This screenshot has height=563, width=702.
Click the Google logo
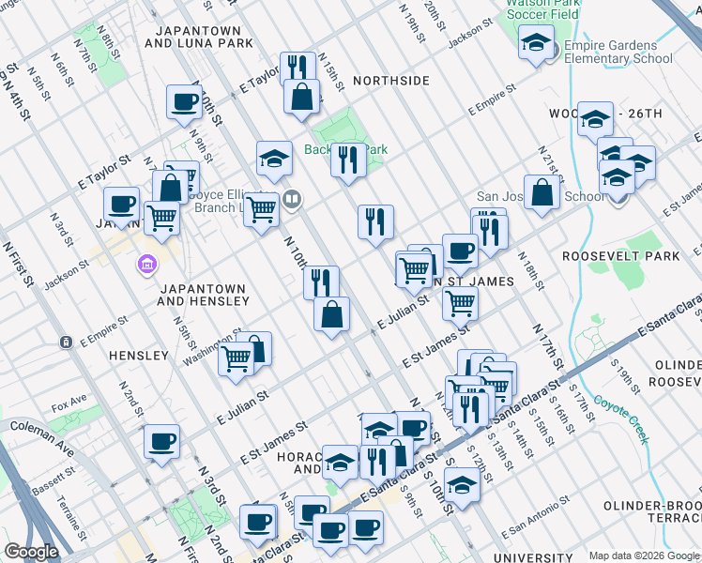31,552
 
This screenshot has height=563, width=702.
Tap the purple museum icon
146,266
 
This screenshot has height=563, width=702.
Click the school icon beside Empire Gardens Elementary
536,43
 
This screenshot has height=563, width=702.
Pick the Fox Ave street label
69,406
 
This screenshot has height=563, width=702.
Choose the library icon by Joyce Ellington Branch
292,198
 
